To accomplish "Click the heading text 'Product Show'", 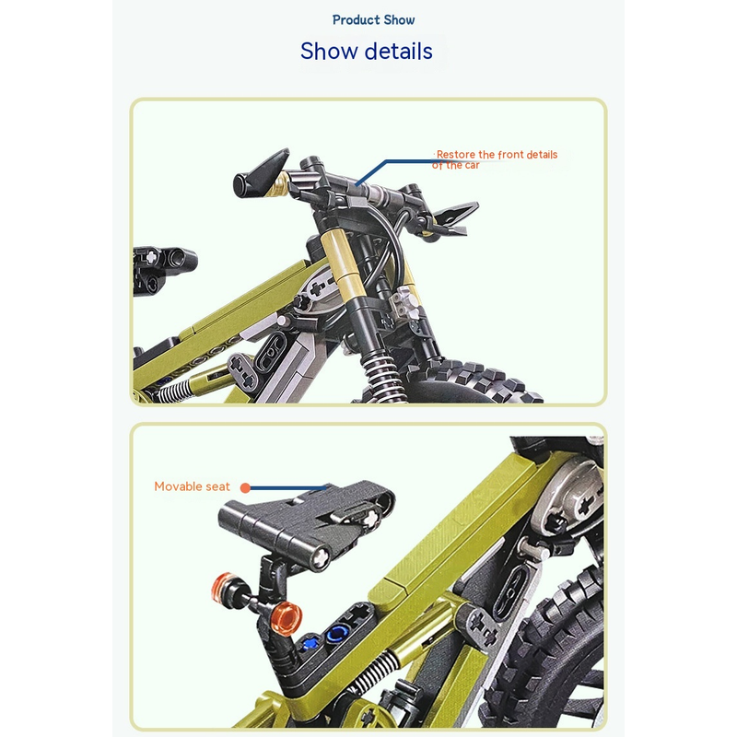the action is pos(373,20).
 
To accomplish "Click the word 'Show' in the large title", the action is pos(329,51).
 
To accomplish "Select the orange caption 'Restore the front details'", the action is pos(497,154).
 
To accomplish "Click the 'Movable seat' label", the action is pos(192,486).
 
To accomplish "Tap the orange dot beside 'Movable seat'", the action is pos(245,488).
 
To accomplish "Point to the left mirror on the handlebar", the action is pos(262,173).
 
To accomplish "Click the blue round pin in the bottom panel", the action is pos(337,633).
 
